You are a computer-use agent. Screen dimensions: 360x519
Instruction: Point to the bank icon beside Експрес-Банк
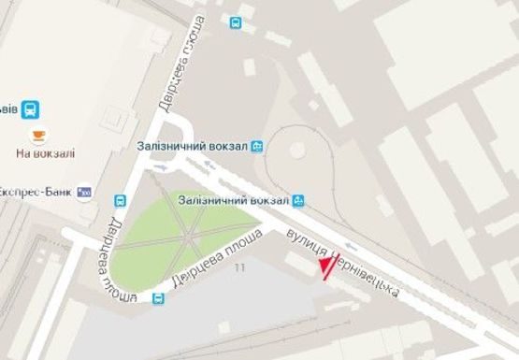(x=85, y=191)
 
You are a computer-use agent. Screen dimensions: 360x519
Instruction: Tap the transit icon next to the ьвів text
(x=32, y=109)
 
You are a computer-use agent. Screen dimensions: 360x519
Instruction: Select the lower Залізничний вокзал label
(x=233, y=197)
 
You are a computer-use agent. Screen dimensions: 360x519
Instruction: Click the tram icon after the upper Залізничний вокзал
(x=257, y=146)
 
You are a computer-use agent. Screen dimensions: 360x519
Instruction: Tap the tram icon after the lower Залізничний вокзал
(x=298, y=198)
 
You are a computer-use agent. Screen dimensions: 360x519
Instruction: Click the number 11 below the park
(x=240, y=268)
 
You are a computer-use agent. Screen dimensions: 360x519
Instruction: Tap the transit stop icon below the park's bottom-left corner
(x=158, y=299)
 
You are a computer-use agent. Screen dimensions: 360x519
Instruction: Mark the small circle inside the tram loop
(x=296, y=150)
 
